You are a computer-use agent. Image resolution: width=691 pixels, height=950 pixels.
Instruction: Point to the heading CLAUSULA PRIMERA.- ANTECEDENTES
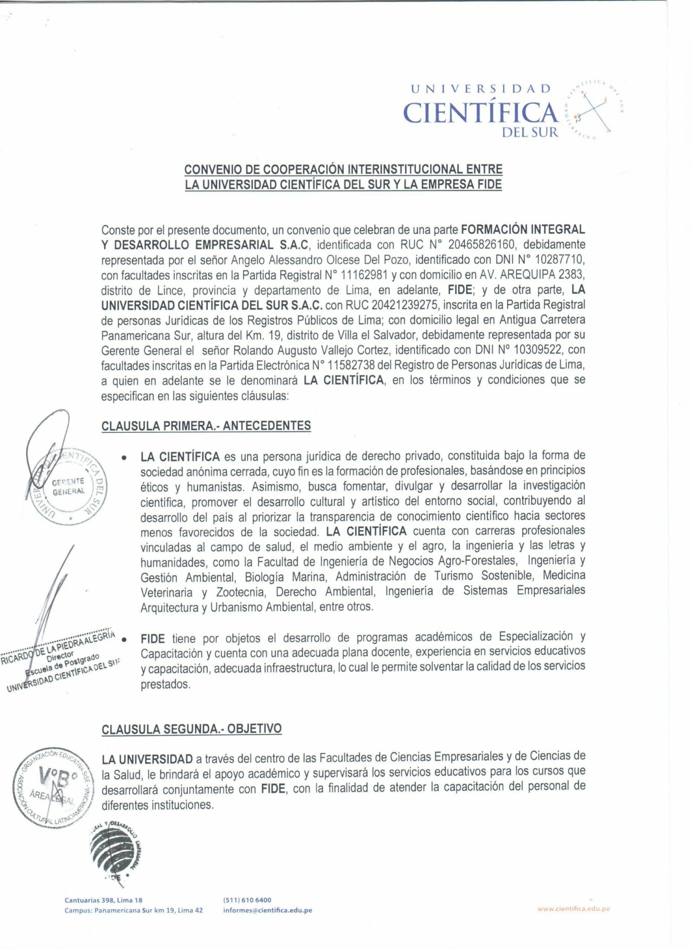click(x=206, y=426)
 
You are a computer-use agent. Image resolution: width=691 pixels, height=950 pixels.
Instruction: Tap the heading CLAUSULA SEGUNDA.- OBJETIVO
click(x=192, y=728)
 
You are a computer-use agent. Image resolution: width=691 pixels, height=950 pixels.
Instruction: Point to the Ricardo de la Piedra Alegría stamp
click(x=60, y=661)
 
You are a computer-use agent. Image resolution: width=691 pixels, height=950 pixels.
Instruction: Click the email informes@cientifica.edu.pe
click(x=268, y=910)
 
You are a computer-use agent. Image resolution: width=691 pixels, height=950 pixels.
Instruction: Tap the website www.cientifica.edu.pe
click(x=573, y=909)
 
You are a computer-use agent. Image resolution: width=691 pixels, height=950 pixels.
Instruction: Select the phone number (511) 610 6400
click(x=247, y=900)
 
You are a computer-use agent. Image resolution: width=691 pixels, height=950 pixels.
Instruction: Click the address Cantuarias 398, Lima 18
click(x=103, y=900)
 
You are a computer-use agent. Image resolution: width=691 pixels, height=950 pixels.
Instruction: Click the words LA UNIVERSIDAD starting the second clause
click(x=147, y=759)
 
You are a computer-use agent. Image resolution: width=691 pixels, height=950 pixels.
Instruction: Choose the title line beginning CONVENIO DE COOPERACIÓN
click(x=343, y=169)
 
